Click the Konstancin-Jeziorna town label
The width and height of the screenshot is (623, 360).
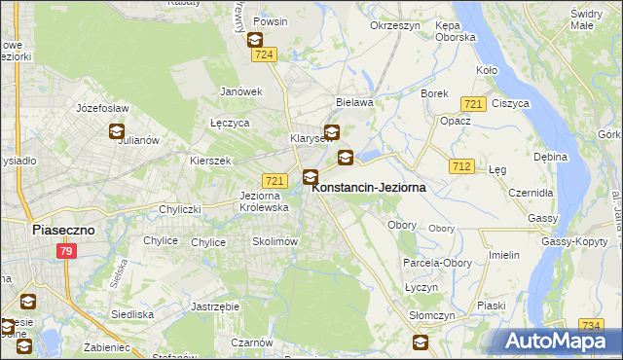pos(369,189)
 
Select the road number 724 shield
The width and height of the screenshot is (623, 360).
pos(262,56)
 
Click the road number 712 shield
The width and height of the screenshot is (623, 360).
pos(461,167)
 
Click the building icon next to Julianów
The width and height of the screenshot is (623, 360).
pos(117,131)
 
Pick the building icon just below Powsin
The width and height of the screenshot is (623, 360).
pos(254,40)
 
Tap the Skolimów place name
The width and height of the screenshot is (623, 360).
pos(274,241)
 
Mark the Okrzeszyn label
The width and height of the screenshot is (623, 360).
pos(394,25)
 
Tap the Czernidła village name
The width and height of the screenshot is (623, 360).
pos(532,192)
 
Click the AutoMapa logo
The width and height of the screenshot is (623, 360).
pos(558,341)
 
